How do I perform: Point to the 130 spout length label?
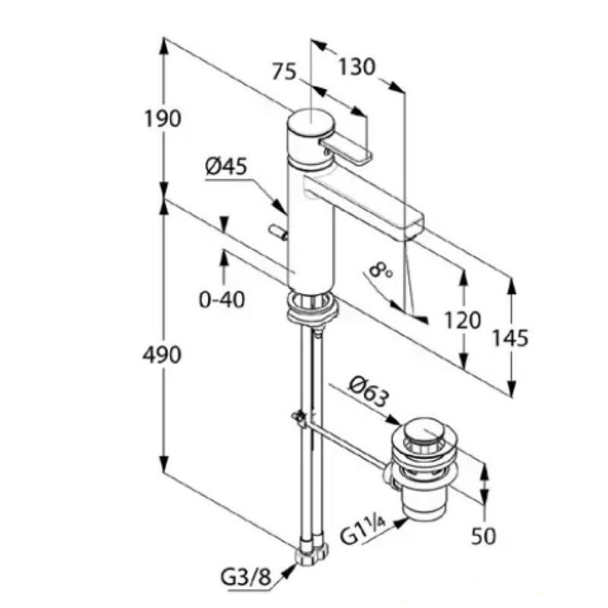click(x=357, y=68)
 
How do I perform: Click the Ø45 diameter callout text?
click(x=226, y=166)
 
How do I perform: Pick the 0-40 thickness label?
click(x=222, y=299)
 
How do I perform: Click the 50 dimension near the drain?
click(x=483, y=535)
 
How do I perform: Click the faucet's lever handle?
click(x=347, y=150)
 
